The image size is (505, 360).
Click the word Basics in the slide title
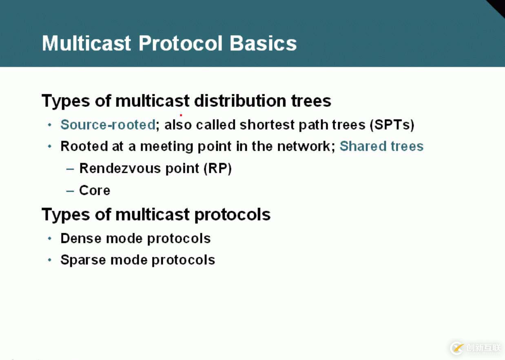tap(263, 43)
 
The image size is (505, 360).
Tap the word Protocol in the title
tap(181, 43)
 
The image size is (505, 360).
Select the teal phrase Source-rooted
tap(108, 125)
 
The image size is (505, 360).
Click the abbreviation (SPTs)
tap(392, 125)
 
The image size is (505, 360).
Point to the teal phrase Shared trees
tap(381, 146)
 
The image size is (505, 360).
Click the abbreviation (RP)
tap(217, 168)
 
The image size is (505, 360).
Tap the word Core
tap(95, 190)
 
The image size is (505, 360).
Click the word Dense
tap(81, 238)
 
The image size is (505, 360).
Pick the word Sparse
tap(83, 261)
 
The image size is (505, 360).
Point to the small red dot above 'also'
tap(181, 115)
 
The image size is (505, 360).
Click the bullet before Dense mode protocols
tap(50, 239)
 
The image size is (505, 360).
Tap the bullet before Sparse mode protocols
tap(50, 260)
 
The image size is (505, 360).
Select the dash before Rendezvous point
tap(70, 169)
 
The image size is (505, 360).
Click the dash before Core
tap(70, 191)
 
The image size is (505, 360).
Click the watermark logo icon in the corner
tap(457, 348)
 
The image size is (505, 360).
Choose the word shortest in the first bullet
tap(267, 125)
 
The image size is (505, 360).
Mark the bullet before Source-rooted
tap(50, 125)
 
